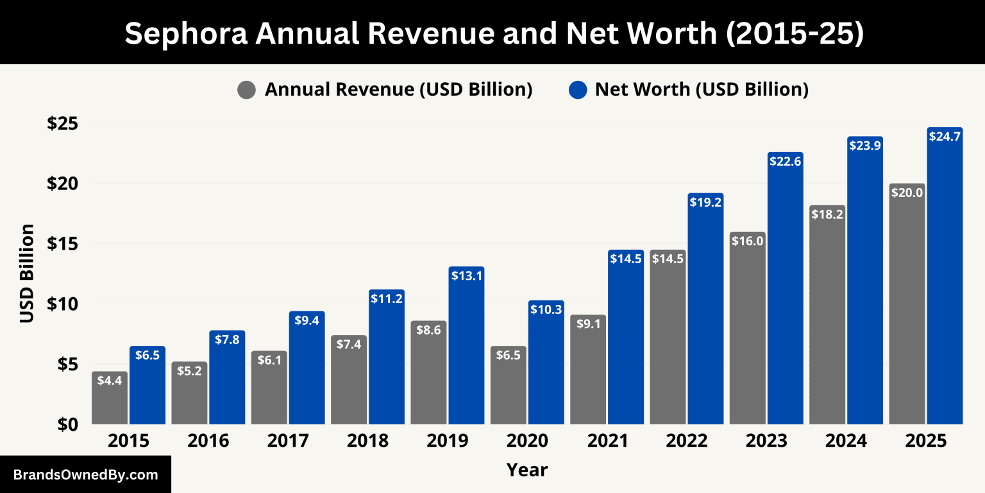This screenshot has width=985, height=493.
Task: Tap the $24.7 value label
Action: (x=945, y=136)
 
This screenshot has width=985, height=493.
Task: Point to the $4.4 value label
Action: (x=110, y=380)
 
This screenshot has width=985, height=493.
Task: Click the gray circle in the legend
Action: (x=246, y=90)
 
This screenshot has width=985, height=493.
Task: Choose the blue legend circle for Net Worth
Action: (x=578, y=90)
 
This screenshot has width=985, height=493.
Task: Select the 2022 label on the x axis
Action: (x=686, y=442)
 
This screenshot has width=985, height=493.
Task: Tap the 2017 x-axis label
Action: (x=288, y=442)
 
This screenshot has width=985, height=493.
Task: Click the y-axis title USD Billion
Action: (x=27, y=273)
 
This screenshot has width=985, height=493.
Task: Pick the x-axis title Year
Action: (x=527, y=470)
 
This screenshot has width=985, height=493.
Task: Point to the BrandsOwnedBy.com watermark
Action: (x=85, y=475)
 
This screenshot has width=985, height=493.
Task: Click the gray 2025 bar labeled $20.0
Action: (x=907, y=308)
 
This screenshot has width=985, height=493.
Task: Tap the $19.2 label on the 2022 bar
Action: (x=705, y=202)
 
